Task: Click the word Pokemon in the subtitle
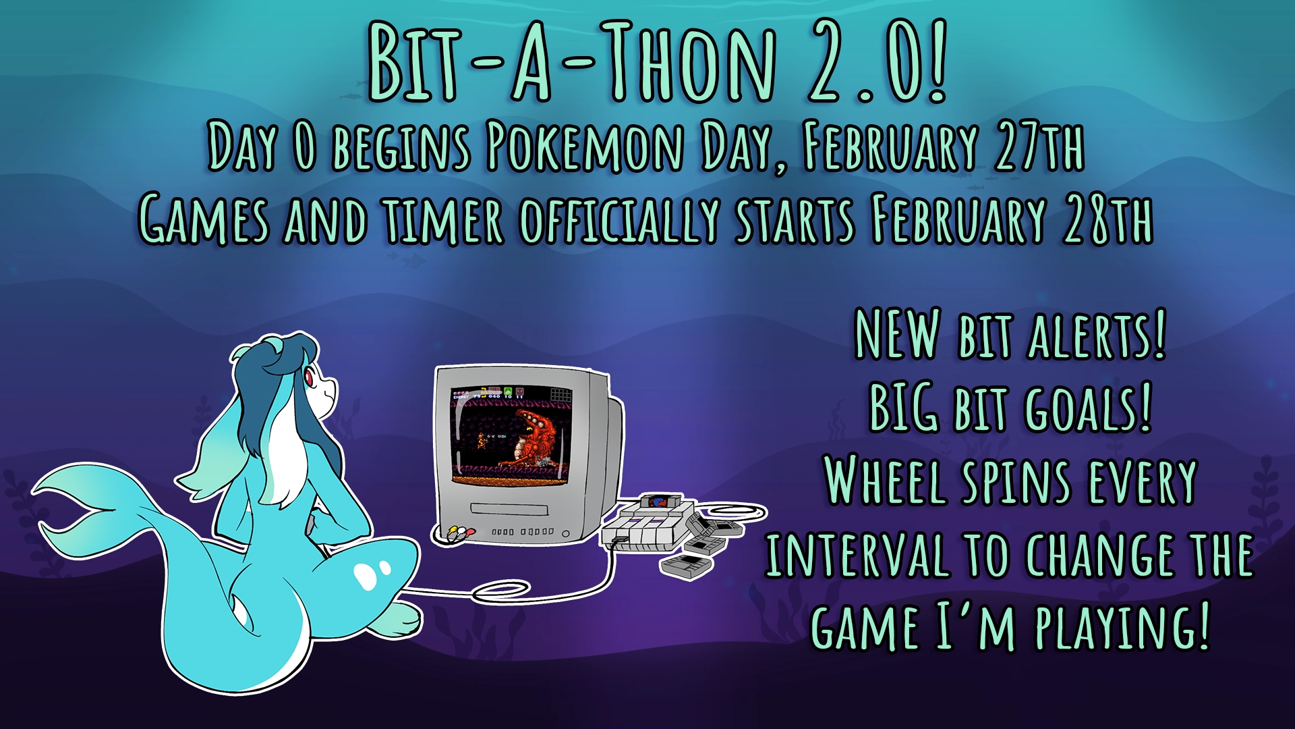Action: pyautogui.click(x=584, y=146)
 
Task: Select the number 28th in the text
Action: pyautogui.click(x=1108, y=219)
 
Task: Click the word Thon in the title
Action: pyautogui.click(x=687, y=62)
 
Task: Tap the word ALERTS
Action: pyautogui.click(x=1097, y=335)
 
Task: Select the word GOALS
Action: pyautogui.click(x=1088, y=408)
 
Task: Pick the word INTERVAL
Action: pyautogui.click(x=857, y=555)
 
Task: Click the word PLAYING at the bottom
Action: pyautogui.click(x=1122, y=628)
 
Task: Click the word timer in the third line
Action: pyautogui.click(x=444, y=220)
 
